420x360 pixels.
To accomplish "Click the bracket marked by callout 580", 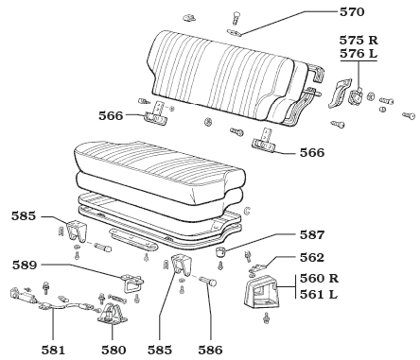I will pos(113,315).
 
